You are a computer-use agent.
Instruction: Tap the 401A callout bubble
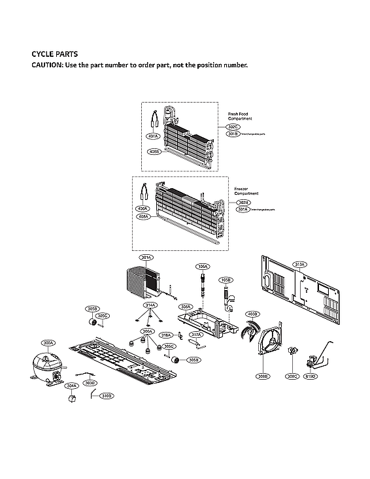coord(154,137)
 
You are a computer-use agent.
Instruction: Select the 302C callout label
coord(233,126)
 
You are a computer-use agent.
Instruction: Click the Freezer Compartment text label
coord(246,191)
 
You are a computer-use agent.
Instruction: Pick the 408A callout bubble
coord(143,216)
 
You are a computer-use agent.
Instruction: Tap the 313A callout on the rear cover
coord(300,265)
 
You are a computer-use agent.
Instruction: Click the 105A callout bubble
coord(203,267)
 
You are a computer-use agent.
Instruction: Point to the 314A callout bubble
coord(150,305)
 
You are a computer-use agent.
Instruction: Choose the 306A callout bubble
coord(148,331)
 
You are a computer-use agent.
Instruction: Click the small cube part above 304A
coord(72,400)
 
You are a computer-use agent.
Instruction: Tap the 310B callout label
coord(107,395)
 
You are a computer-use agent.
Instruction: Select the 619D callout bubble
coord(310,376)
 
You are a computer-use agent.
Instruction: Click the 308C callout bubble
coord(292,376)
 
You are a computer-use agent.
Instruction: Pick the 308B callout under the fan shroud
coord(263,376)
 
